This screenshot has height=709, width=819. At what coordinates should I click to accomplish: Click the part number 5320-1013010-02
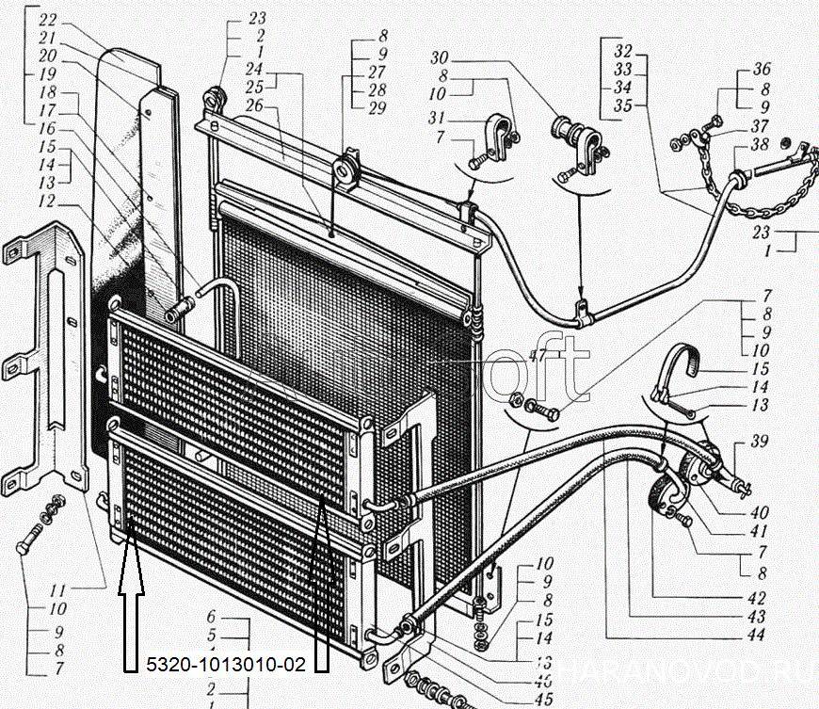[226, 665]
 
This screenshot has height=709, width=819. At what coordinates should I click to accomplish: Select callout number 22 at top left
[47, 19]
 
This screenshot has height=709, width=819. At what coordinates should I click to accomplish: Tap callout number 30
[439, 57]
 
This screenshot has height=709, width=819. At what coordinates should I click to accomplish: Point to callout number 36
[762, 70]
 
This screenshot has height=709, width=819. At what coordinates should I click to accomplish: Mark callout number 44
[756, 634]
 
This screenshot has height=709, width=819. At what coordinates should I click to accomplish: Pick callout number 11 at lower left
[57, 590]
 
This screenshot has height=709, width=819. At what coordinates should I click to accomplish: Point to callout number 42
[756, 597]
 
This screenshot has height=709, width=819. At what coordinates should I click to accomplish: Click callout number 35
[622, 105]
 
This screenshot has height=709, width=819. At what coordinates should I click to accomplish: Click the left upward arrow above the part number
[130, 603]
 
